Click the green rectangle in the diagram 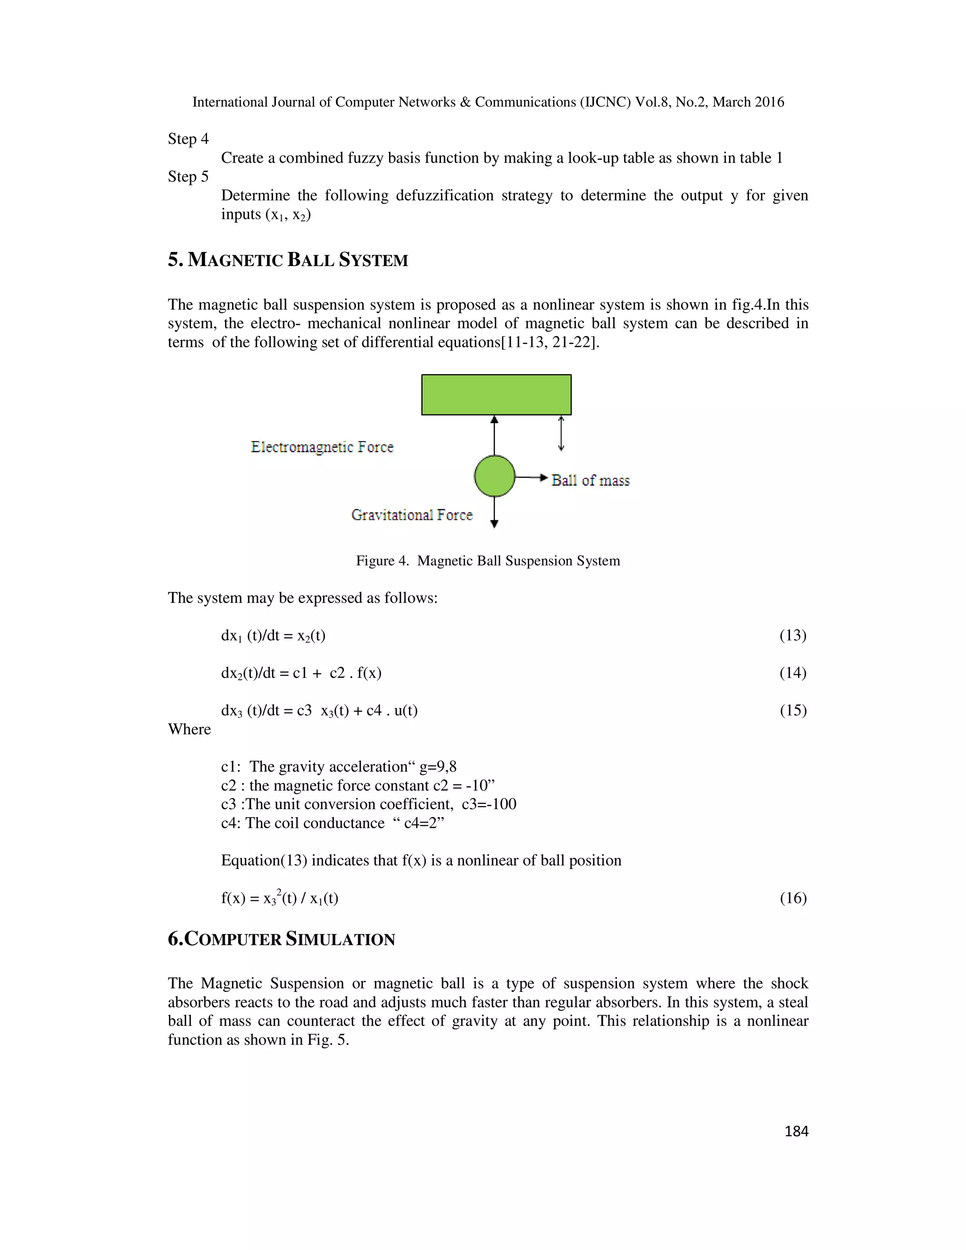(x=496, y=394)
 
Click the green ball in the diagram (x=494, y=475)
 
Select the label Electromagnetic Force (x=322, y=447)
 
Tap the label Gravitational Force (x=412, y=515)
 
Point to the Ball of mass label (x=590, y=480)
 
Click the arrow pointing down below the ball (x=494, y=513)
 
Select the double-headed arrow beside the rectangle (x=561, y=433)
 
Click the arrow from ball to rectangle (x=494, y=435)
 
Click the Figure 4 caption (x=488, y=561)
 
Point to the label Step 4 (x=188, y=139)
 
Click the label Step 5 (x=188, y=177)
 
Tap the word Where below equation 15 (x=190, y=729)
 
